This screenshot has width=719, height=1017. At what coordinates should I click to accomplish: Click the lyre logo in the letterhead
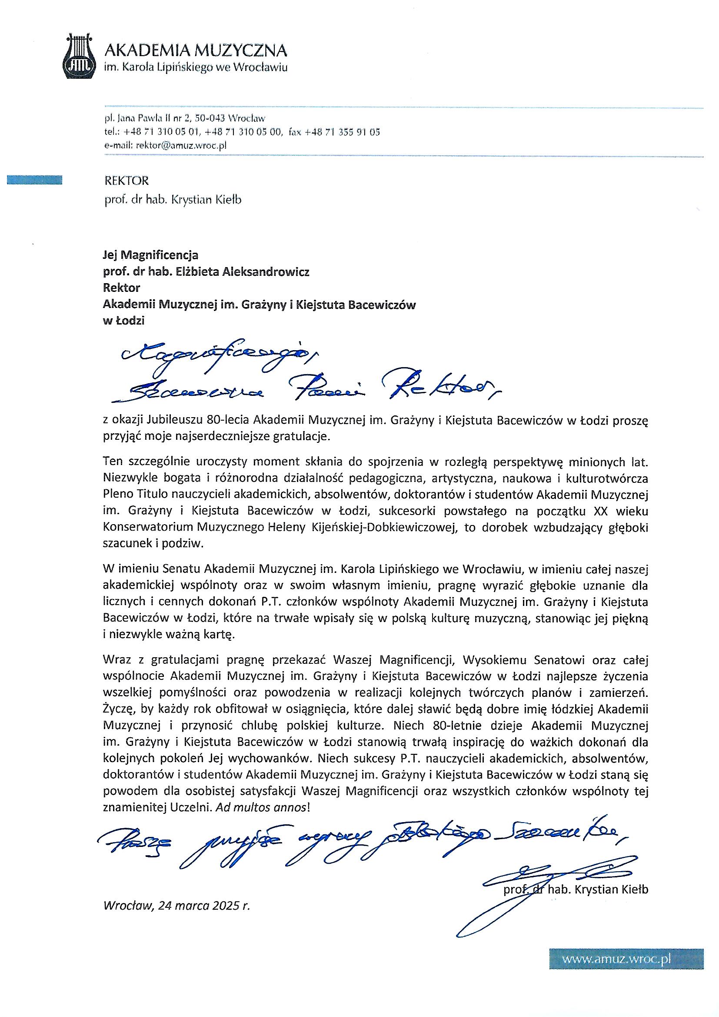(80, 57)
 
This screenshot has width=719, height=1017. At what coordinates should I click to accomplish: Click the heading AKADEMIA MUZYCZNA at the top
(195, 50)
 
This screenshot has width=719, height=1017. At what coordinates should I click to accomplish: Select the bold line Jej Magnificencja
(150, 255)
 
